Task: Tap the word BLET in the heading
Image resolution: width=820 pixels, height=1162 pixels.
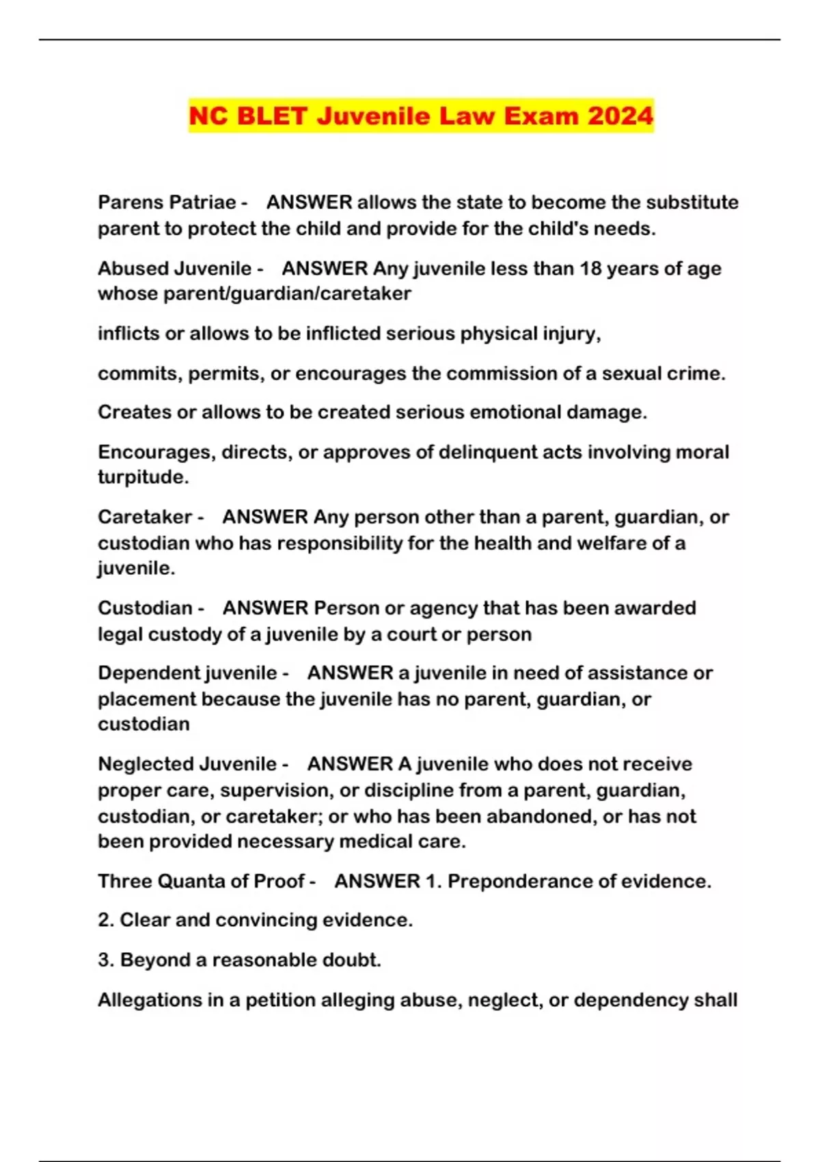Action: pos(271,116)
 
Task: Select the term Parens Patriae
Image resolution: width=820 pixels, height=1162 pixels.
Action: pos(167,202)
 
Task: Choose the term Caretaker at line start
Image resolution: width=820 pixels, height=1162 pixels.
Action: pos(145,517)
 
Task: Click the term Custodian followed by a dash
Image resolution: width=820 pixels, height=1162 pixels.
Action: pos(145,608)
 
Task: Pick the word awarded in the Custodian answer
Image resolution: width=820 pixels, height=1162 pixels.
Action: pos(655,608)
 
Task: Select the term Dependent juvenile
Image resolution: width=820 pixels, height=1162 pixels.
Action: pos(187,673)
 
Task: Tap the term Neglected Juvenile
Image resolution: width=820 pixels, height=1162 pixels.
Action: pos(187,764)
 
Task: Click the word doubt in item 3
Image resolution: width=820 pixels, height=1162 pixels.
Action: pos(349,960)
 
